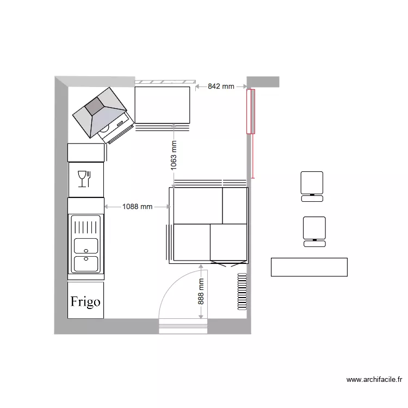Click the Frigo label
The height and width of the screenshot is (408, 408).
point(85,301)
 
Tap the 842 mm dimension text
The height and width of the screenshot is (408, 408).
point(221,86)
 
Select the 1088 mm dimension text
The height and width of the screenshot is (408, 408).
point(137,207)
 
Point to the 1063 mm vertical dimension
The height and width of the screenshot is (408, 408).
point(174,156)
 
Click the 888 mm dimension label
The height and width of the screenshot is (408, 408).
point(201,292)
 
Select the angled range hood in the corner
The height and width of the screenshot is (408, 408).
point(101,113)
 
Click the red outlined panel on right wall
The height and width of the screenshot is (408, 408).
point(250,111)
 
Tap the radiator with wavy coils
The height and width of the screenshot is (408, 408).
point(242,292)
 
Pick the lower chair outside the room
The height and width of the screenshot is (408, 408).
point(314,231)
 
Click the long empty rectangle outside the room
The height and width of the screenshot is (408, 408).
point(309,267)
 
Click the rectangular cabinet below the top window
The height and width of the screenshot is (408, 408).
point(163,104)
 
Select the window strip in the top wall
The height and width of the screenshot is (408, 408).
point(163,82)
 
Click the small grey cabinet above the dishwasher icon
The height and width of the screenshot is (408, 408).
point(85,152)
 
